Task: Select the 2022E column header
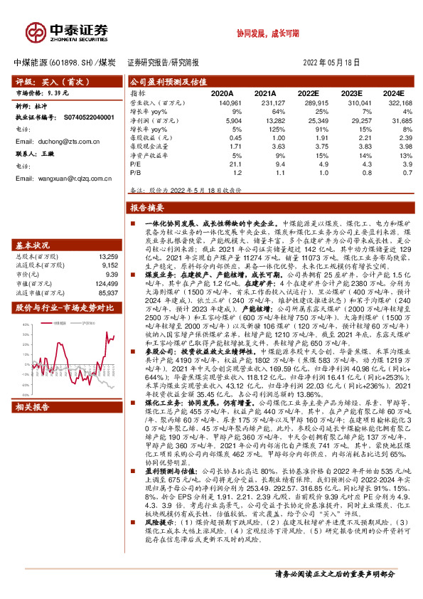pos(309,93)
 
